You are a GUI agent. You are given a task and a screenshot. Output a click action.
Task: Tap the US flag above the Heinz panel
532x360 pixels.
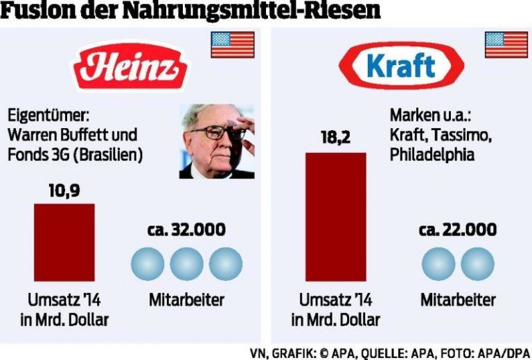coord(232,44)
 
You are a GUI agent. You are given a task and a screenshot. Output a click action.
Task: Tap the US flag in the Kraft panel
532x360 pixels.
coord(506,44)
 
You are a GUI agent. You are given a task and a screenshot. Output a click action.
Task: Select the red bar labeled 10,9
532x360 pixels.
coord(64,242)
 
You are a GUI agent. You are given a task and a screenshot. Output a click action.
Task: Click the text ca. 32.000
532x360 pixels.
coord(187,231)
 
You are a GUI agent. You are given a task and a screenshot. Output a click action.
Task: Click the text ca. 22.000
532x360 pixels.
coord(458,231)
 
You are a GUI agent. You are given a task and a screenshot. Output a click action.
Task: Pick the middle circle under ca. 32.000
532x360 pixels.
coord(187,264)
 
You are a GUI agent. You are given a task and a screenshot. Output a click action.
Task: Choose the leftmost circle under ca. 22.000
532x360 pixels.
coord(438,264)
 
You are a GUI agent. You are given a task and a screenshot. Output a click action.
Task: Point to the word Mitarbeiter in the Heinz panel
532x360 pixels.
coord(187,300)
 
